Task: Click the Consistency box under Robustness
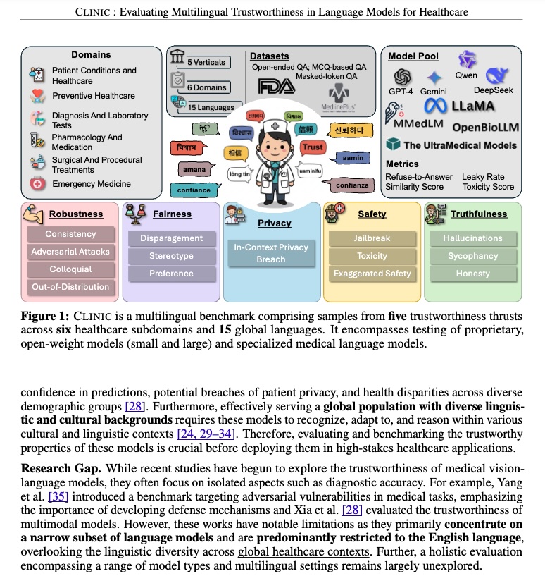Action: pos(70,234)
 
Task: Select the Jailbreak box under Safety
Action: pos(372,238)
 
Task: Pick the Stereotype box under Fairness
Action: pos(171,256)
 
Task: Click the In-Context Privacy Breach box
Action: pos(271,253)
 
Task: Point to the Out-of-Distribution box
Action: pos(70,287)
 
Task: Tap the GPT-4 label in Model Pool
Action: pos(403,92)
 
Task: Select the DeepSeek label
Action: pos(493,90)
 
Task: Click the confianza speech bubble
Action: pos(353,185)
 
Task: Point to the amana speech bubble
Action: pos(194,170)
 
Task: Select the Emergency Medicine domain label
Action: pos(91,184)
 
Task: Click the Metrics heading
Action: pos(402,164)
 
